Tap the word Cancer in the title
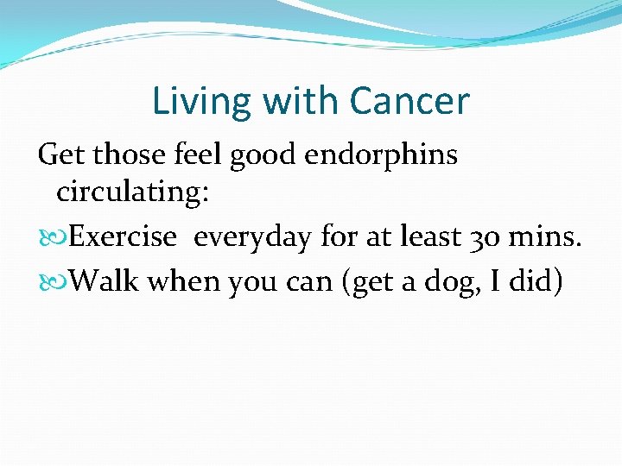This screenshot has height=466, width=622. tap(409, 102)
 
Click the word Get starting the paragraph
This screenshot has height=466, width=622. tap(60, 155)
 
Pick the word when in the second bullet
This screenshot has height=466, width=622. tap(183, 281)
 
